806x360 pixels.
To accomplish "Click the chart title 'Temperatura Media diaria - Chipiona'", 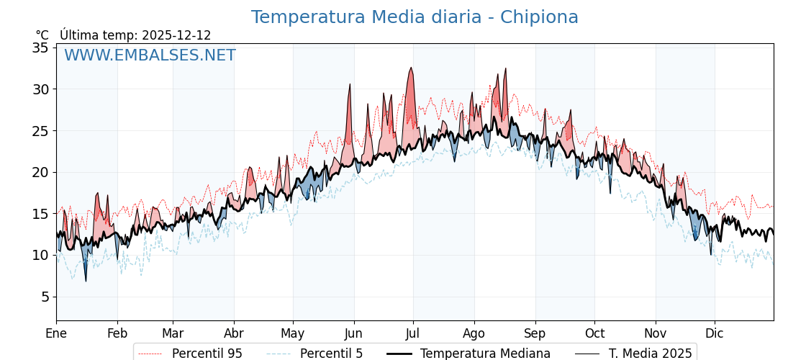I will (415, 17).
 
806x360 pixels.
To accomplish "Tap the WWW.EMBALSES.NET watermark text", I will (150, 55).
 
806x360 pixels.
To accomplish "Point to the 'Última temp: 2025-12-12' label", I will (135, 35).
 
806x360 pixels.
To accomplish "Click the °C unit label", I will (42, 35).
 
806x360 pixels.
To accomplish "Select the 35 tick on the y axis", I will (40, 48).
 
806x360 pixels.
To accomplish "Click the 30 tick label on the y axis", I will (40, 89).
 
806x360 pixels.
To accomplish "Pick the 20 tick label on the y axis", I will (40, 172).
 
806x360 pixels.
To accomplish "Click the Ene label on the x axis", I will (56, 333).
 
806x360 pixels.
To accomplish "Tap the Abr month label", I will (234, 333).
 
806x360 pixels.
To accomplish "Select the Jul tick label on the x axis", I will (413, 333).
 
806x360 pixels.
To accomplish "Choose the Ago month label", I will (474, 333).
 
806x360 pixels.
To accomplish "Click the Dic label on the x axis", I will (715, 333).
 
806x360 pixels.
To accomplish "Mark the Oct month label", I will (594, 333).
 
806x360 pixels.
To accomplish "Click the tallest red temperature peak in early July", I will (411, 68).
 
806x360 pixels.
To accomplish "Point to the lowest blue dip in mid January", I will (86, 280).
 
